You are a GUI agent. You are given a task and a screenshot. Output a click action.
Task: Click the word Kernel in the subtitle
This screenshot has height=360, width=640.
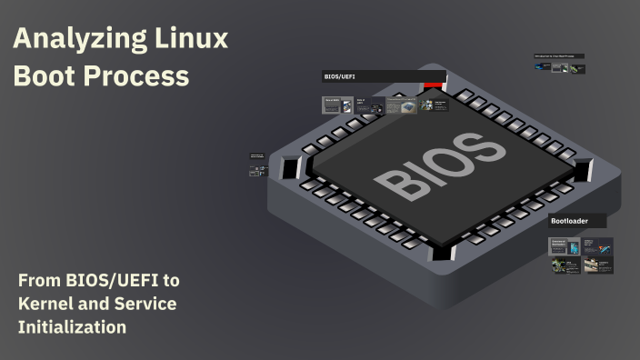[x=47, y=303]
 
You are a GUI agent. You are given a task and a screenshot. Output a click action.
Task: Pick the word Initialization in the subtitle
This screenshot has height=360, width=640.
[x=72, y=326]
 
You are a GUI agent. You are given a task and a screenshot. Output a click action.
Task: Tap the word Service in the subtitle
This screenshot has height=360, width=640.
[x=145, y=303]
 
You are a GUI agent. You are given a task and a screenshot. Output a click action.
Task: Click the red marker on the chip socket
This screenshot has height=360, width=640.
[x=433, y=86]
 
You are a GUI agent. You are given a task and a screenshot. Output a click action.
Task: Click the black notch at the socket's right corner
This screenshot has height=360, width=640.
[x=582, y=169]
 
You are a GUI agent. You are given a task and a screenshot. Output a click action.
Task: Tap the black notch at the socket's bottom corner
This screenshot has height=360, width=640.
[x=444, y=252]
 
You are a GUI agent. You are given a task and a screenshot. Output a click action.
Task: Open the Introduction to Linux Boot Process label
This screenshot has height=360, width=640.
[x=558, y=56]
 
